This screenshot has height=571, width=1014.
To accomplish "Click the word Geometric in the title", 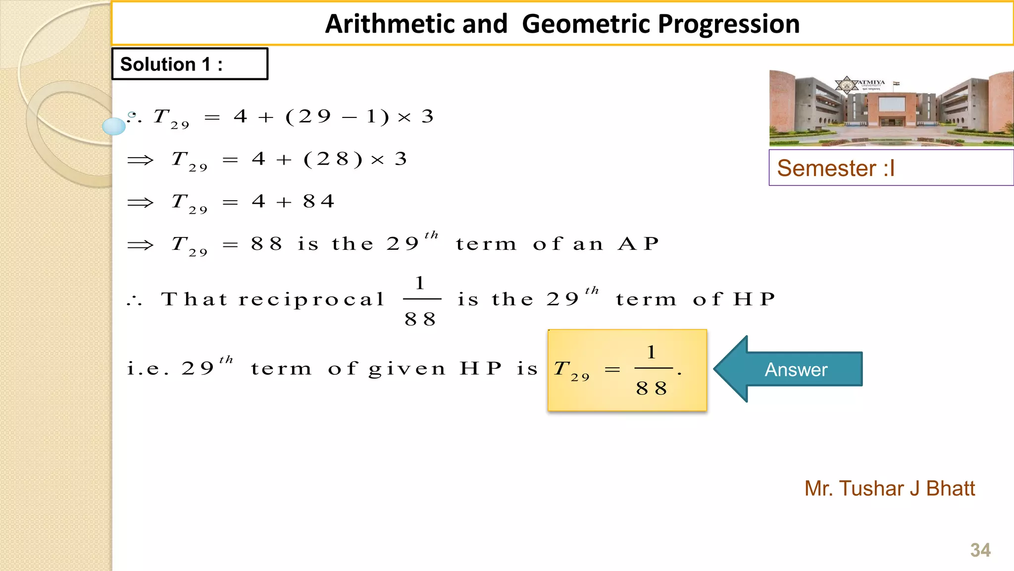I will point(587,24).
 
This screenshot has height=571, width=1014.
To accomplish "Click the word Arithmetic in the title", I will point(416,24).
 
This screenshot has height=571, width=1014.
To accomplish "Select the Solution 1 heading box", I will point(190,64).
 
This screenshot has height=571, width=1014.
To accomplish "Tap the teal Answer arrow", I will point(790,369).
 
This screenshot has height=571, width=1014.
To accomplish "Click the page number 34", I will point(980,550).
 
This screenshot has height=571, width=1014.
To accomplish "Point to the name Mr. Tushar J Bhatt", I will point(889,488).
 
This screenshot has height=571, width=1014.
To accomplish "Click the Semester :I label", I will point(836,168).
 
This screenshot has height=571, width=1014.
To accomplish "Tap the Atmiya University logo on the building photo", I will point(847,85).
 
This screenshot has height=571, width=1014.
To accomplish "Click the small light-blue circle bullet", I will point(114,126).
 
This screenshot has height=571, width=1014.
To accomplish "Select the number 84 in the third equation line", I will point(319,201).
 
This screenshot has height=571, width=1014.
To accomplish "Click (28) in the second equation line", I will point(333,159).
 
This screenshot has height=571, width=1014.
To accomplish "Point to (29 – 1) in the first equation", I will point(337,116).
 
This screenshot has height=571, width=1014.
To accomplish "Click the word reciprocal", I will point(311,299).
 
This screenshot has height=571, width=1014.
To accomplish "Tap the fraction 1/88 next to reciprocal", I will point(421,300).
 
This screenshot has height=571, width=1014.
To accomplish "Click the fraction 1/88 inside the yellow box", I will point(652,370).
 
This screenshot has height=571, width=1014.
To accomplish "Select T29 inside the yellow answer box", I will point(571,370).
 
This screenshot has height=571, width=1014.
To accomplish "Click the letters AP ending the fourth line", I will point(639,243).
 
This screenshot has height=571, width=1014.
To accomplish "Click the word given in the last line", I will point(407,369).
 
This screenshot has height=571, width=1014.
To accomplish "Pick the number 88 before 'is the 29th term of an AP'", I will point(266,243).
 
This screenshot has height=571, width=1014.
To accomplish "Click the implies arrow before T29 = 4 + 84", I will point(141,202).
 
